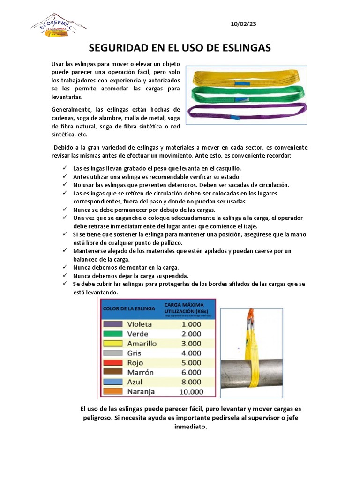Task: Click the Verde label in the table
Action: pos(138,334)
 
